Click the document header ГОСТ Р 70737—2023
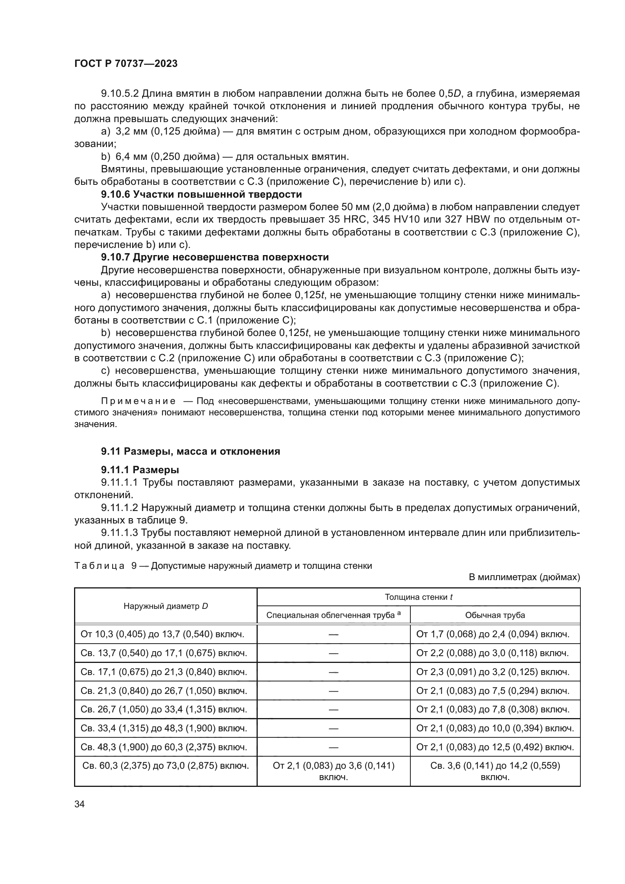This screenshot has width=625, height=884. click(126, 63)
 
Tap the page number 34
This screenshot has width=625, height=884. click(79, 804)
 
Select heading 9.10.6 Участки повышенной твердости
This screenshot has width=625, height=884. click(201, 194)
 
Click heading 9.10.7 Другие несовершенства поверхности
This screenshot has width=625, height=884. click(215, 257)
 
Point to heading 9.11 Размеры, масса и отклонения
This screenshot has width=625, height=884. click(190, 451)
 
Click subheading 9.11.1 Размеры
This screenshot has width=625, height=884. click(140, 470)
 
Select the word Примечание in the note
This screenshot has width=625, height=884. click(139, 401)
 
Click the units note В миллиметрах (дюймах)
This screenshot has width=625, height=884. click(524, 577)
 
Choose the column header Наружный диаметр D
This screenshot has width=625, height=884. click(166, 606)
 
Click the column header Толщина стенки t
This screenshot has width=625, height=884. click(418, 597)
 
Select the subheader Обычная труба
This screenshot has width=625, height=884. click(495, 615)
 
